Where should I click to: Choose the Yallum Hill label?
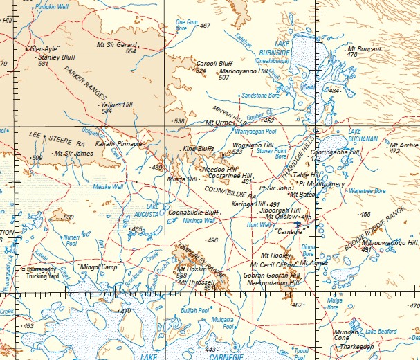(x=116, y=105)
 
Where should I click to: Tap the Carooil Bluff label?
(x=214, y=63)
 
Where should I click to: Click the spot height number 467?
(x=204, y=26)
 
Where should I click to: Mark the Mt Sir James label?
(x=73, y=153)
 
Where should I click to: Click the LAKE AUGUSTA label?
(x=156, y=210)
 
